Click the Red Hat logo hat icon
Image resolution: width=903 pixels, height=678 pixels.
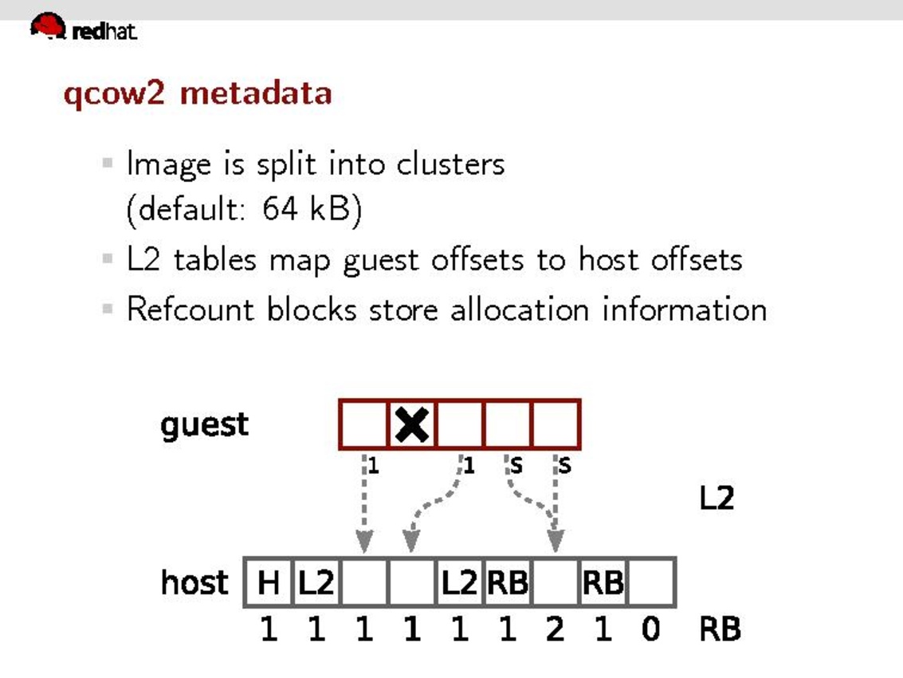(x=49, y=26)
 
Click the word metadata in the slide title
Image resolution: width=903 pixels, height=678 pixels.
(x=256, y=93)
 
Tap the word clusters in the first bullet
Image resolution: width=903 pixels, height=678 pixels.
(x=450, y=164)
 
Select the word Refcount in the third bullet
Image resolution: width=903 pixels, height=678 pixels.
(x=191, y=309)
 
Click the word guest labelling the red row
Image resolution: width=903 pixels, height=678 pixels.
(x=204, y=424)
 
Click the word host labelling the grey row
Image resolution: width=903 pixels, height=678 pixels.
(x=194, y=582)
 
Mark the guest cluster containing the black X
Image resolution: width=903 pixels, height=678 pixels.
(x=412, y=424)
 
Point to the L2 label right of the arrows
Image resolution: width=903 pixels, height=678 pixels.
(x=716, y=499)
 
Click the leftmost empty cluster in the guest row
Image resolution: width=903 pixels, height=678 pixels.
(x=363, y=424)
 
